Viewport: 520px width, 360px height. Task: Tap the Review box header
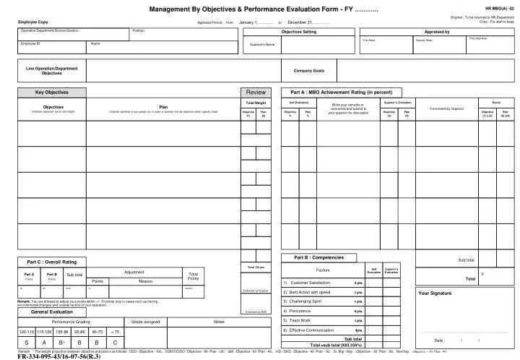256,93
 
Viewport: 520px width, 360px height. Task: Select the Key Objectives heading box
52,93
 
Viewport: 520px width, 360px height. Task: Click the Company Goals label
308,71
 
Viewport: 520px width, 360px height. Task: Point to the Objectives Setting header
298,33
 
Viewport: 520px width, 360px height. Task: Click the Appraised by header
437,33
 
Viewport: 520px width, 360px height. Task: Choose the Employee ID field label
30,44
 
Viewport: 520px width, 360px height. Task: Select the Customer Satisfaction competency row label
310,282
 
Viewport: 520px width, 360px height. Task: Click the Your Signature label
435,293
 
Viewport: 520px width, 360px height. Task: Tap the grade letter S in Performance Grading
26,342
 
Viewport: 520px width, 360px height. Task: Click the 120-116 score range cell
26,331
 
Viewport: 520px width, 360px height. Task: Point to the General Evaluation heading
51,312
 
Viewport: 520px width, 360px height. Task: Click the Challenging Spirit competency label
307,301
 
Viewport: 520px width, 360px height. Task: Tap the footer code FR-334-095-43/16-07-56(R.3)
58,356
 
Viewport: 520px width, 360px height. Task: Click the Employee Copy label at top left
33,22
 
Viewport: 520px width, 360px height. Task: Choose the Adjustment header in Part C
134,273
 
